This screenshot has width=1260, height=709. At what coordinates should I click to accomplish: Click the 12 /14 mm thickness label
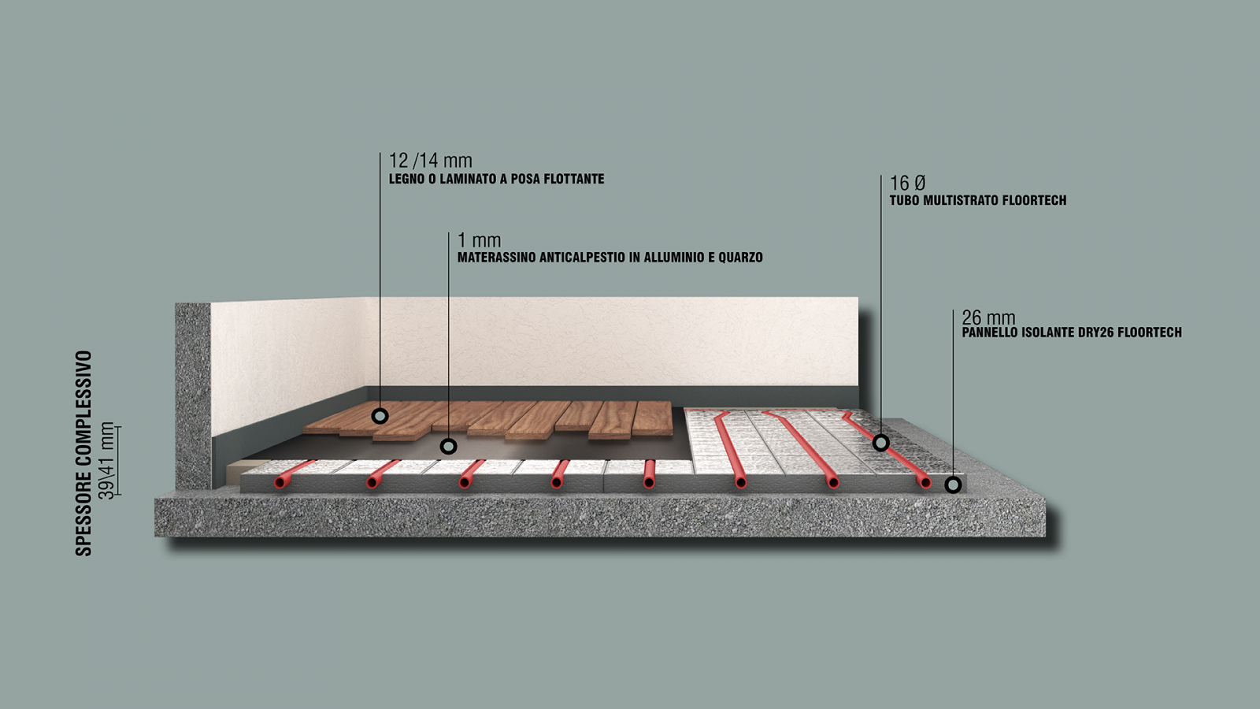point(430,161)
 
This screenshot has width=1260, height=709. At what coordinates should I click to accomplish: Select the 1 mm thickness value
point(480,240)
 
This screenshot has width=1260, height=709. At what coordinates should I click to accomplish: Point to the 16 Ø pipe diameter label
point(907,183)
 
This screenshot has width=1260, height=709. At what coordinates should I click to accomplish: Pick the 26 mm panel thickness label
point(988,317)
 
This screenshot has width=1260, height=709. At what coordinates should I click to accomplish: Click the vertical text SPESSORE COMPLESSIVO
point(83,454)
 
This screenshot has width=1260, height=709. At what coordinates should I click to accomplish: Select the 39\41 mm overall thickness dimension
point(106,461)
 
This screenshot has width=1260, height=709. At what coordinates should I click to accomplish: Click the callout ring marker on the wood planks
point(380,417)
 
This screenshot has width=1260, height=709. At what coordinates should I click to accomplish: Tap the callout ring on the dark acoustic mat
point(448,447)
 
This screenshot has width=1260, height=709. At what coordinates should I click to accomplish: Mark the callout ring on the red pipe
point(881,443)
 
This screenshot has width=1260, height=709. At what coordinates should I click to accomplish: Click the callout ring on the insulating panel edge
point(953,484)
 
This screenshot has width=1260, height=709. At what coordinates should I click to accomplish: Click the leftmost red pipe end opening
point(280,483)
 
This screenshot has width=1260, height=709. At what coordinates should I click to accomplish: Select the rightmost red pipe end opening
point(925,483)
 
